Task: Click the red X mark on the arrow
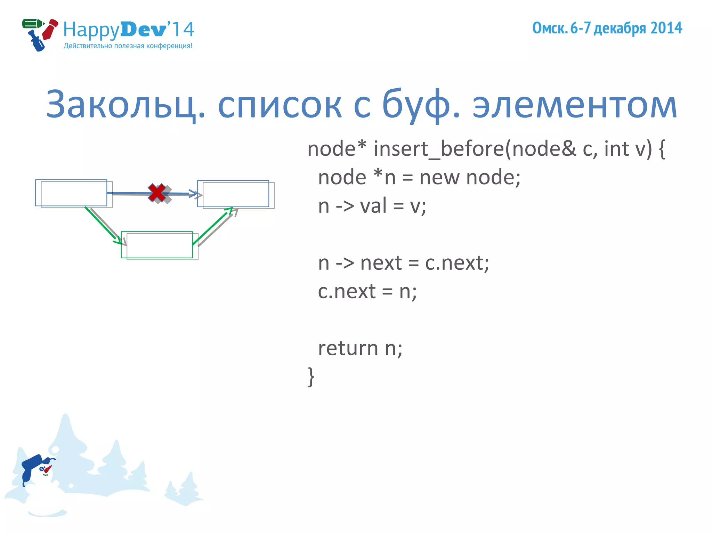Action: pyautogui.click(x=156, y=193)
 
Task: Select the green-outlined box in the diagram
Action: pyautogui.click(x=157, y=245)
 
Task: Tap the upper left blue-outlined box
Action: pyautogui.click(x=71, y=193)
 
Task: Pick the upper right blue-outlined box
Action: pyautogui.click(x=233, y=194)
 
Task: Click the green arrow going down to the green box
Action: pyautogui.click(x=103, y=225)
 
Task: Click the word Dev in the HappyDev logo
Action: pyautogui.click(x=143, y=30)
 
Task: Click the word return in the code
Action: pyautogui.click(x=348, y=348)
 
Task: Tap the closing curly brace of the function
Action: pyautogui.click(x=311, y=377)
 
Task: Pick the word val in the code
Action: pyautogui.click(x=373, y=206)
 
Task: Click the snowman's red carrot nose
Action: pyautogui.click(x=48, y=469)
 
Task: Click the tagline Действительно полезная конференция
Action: pyautogui.click(x=128, y=46)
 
